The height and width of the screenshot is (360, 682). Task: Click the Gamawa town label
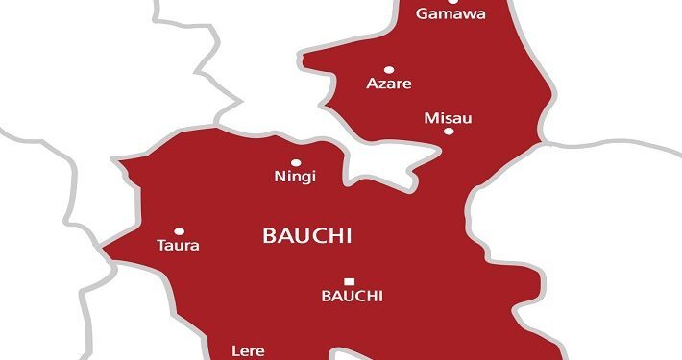[450, 13]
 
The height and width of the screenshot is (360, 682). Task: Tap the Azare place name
[389, 84]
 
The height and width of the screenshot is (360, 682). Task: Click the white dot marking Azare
[389, 69]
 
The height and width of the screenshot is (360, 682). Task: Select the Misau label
[448, 117]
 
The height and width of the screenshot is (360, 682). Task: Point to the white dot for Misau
[448, 132]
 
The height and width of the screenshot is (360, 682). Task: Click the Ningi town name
[295, 177]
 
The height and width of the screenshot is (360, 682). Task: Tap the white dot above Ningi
[295, 163]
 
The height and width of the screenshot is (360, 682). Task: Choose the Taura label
[178, 246]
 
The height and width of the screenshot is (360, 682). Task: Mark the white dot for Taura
[179, 231]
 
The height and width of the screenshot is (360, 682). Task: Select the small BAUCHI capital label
[351, 297]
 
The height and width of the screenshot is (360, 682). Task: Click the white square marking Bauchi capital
[349, 281]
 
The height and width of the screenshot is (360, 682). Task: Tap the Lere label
[249, 351]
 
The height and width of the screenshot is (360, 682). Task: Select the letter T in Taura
[160, 246]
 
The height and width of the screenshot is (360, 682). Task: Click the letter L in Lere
[236, 351]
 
